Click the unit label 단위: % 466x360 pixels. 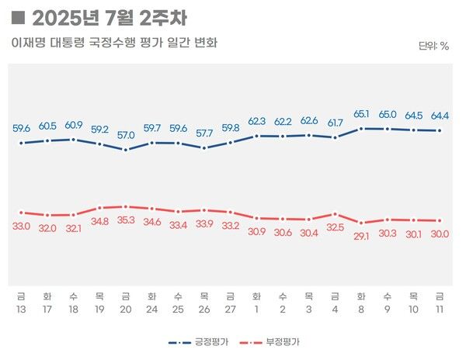[x=433, y=46]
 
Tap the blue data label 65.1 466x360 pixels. [x=361, y=114]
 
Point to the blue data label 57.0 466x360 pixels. [x=126, y=134]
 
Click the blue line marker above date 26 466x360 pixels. [x=204, y=147]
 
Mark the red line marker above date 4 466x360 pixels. [x=335, y=213]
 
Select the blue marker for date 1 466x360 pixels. [x=256, y=136]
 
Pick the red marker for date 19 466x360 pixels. [x=99, y=208]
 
